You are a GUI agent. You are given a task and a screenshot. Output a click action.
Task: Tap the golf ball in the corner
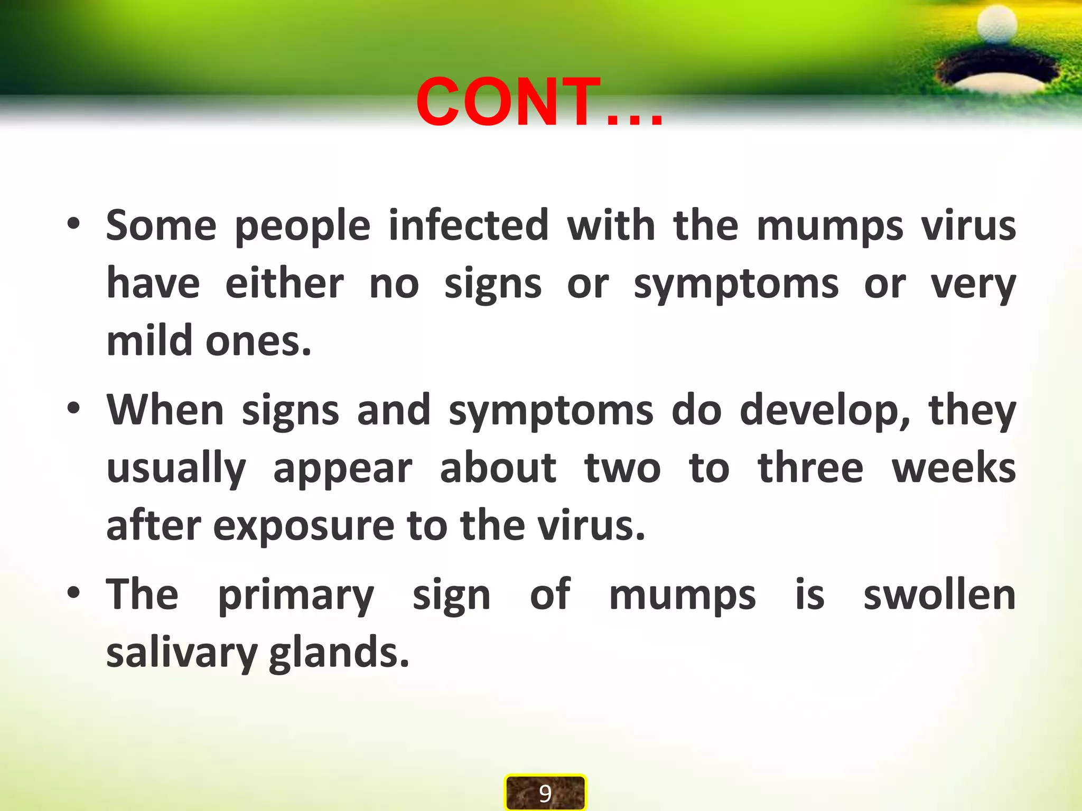click(x=996, y=24)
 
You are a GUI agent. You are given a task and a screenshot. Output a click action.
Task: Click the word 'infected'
click(x=469, y=226)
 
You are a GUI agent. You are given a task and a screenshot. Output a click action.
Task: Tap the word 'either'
click(x=284, y=284)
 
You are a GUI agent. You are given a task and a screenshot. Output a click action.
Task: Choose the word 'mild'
click(x=149, y=341)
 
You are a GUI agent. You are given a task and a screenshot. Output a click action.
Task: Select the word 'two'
click(x=622, y=469)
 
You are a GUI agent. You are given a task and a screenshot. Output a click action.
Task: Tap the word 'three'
click(x=810, y=469)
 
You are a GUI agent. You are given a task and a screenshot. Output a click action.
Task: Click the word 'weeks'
click(x=954, y=469)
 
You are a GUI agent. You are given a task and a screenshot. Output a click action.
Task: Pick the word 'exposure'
click(x=303, y=527)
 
